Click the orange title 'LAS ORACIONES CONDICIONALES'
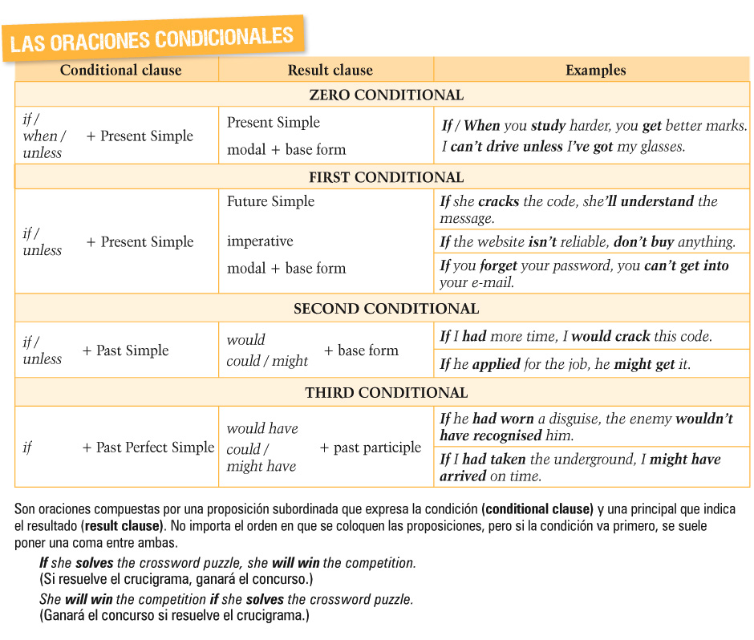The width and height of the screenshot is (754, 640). (x=152, y=38)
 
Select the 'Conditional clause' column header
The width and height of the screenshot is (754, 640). (x=120, y=70)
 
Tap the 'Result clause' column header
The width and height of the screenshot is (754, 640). (x=330, y=70)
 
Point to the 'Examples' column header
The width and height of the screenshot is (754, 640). (x=595, y=70)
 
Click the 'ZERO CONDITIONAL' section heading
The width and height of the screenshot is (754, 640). (x=386, y=95)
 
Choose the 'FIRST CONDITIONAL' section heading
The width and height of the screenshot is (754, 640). (x=386, y=177)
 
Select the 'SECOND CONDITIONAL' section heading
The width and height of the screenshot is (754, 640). (x=386, y=309)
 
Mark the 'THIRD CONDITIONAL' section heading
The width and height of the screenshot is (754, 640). (x=386, y=393)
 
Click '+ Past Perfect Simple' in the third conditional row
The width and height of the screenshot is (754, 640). (x=148, y=448)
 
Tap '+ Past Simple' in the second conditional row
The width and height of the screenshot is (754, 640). (x=125, y=350)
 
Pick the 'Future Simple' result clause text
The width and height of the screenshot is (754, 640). (x=270, y=201)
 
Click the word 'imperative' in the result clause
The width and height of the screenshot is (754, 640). (x=260, y=241)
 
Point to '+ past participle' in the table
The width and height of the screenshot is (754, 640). (x=370, y=448)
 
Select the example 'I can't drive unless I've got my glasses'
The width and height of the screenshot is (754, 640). (x=563, y=147)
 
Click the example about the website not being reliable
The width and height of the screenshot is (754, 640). (x=587, y=241)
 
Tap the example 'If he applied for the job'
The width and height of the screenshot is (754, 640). (x=565, y=364)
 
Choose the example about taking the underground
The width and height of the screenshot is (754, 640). (x=580, y=467)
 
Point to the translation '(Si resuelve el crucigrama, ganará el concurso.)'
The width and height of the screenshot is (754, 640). (x=176, y=579)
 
